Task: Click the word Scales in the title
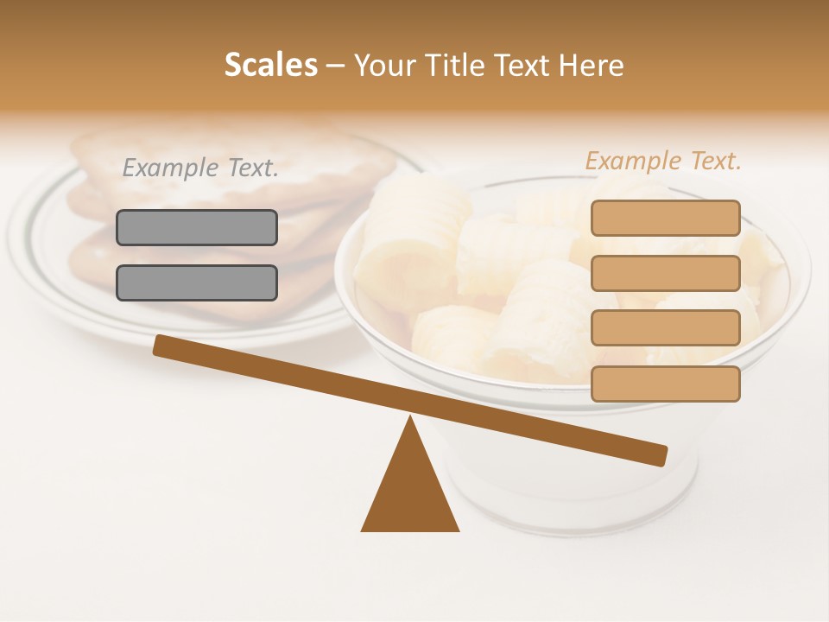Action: click(x=270, y=65)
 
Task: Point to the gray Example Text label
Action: click(x=200, y=168)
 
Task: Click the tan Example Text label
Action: click(x=663, y=161)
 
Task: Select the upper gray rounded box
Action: click(x=197, y=227)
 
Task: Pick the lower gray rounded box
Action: click(x=197, y=282)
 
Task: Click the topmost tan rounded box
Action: click(x=665, y=218)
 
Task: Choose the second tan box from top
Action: click(x=665, y=273)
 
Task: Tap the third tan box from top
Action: click(x=665, y=327)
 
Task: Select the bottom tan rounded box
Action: click(x=665, y=384)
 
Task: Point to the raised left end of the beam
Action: click(x=161, y=345)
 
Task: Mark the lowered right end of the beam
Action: click(x=660, y=454)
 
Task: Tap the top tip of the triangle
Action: click(x=410, y=418)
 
